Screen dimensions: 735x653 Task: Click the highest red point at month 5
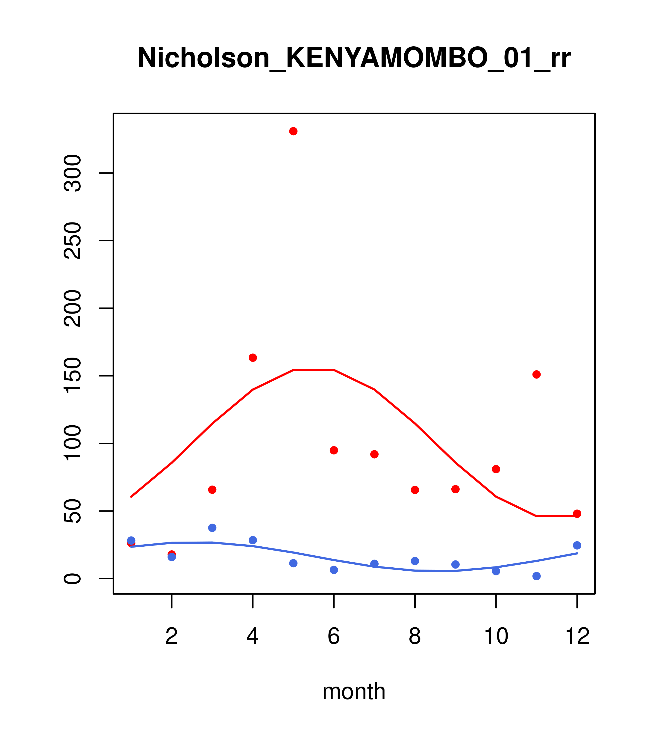(x=293, y=131)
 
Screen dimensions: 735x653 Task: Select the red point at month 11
(x=537, y=374)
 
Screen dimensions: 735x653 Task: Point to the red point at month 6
(x=334, y=450)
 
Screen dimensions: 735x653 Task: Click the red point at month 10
(x=496, y=469)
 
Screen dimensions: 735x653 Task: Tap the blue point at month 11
(x=537, y=576)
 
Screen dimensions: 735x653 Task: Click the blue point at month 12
(x=577, y=545)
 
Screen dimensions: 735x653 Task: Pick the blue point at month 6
(x=334, y=570)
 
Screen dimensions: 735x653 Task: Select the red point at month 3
(x=212, y=489)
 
